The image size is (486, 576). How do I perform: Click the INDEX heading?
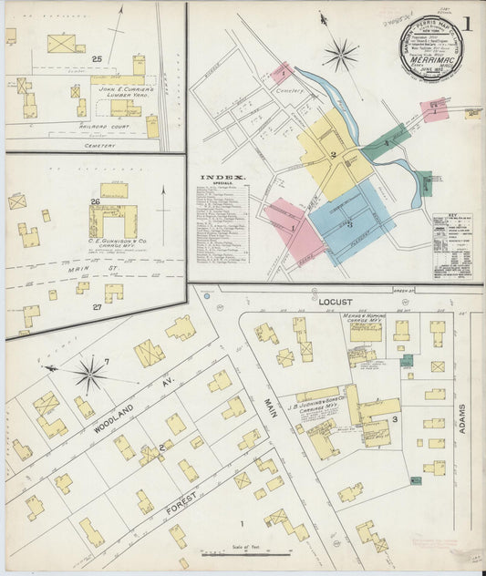point(222,178)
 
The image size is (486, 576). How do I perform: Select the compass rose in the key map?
point(340,55)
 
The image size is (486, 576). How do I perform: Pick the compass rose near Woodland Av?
point(89,373)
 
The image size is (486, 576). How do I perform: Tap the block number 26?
point(95,201)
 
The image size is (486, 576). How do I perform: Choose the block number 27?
point(96,307)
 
